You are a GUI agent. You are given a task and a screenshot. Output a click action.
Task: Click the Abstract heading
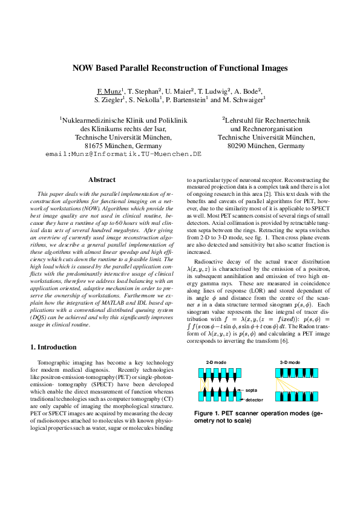pos(102,180)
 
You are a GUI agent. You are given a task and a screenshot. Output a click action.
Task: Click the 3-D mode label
pos(290,361)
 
